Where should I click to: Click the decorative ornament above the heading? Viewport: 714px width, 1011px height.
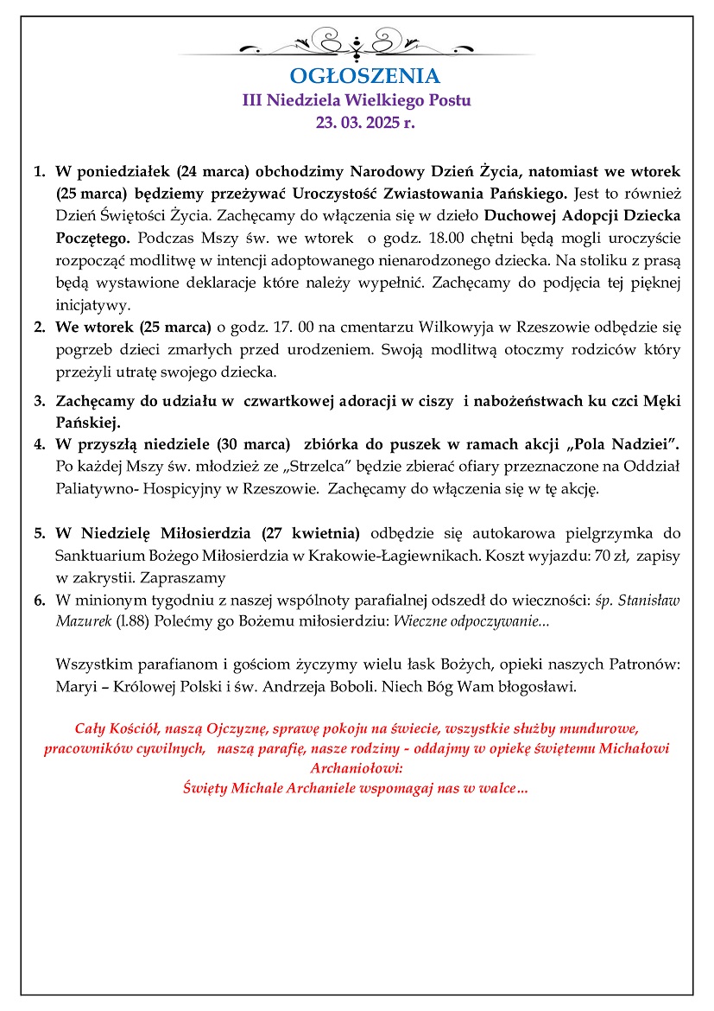[357, 41]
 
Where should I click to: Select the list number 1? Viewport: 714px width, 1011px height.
[39, 170]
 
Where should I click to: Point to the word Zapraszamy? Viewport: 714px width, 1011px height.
[183, 578]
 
